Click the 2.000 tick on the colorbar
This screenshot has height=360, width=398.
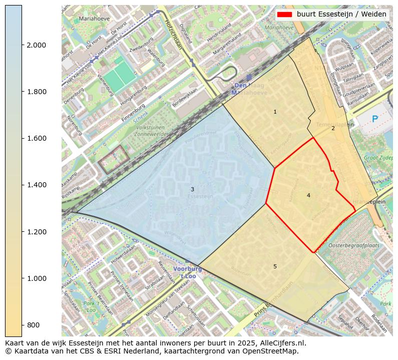tap(36, 45)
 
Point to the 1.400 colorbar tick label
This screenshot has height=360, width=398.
tap(36, 185)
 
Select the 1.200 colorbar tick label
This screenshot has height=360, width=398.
tap(36, 232)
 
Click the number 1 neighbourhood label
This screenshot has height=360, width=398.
tap(275, 112)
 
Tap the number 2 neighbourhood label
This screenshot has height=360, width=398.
tap(333, 128)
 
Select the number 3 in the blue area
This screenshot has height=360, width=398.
tap(192, 189)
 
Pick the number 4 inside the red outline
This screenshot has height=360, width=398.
tap(308, 195)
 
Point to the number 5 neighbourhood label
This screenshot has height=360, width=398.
tap(275, 266)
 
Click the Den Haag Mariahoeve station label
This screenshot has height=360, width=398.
tap(249, 89)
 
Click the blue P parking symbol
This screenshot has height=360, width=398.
tap(374, 119)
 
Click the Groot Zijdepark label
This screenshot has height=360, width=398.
tap(379, 157)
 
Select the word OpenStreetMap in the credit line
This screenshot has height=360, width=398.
tap(274, 351)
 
